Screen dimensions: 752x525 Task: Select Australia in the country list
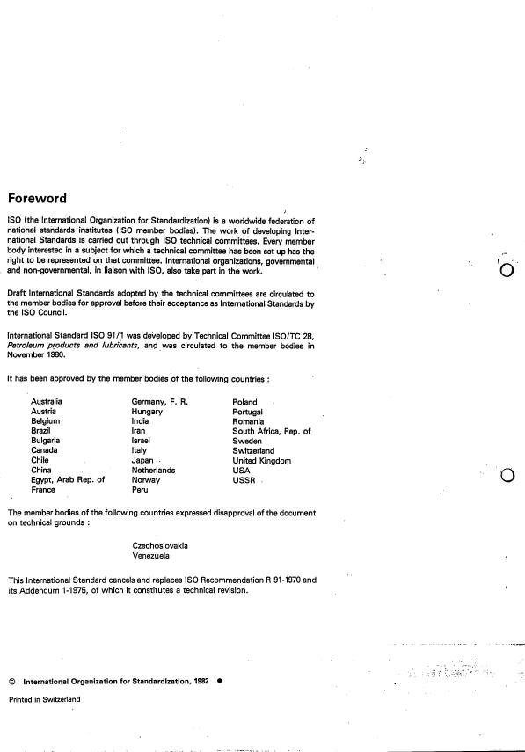point(47,401)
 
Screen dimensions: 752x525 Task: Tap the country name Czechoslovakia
point(160,545)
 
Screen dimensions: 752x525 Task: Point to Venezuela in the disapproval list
point(153,556)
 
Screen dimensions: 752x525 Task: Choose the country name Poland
point(245,401)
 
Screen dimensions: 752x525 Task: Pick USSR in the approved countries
point(244,480)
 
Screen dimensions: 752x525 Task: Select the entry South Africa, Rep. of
point(271,431)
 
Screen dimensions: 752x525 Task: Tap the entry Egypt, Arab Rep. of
point(67,480)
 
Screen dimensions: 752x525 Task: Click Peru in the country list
point(141,490)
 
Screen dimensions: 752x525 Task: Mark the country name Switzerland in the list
point(253,450)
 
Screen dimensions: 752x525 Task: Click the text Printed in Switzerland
point(44,699)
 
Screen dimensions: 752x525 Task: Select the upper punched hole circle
point(506,270)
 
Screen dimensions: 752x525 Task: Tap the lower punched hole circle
point(507,477)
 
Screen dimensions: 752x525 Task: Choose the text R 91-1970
point(261,580)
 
